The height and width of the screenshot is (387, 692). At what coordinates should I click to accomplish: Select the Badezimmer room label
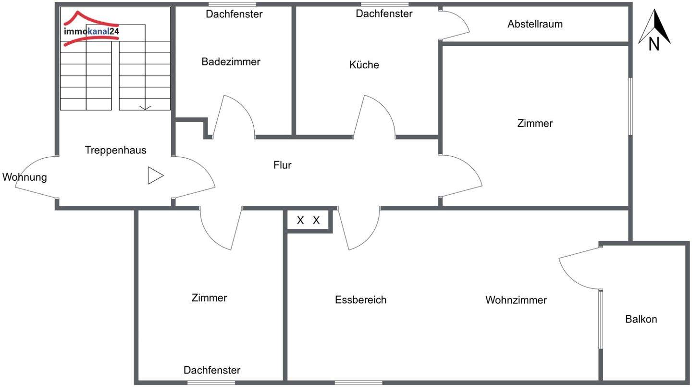[x=231, y=62]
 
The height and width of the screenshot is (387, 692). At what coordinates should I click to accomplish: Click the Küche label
[x=364, y=65]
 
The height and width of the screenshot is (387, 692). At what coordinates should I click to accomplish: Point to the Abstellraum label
[x=535, y=24]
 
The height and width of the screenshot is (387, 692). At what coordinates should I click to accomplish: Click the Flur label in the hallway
[x=282, y=165]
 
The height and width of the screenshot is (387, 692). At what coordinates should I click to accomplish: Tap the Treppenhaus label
[x=115, y=150]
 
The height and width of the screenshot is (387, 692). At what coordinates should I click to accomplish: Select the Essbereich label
[x=360, y=300]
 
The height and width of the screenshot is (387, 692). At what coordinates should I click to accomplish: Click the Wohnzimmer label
[x=516, y=300]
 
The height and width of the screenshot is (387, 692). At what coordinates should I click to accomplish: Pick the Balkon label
[x=641, y=319]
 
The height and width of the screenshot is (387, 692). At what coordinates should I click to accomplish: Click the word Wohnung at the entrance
[x=25, y=177]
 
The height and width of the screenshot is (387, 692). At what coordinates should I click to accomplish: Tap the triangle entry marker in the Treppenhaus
[x=155, y=175]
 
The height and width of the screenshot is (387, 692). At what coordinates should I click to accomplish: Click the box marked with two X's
[x=309, y=221]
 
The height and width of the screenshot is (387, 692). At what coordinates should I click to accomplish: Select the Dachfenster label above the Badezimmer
[x=234, y=14]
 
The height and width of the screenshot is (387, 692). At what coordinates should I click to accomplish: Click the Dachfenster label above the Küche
[x=384, y=13]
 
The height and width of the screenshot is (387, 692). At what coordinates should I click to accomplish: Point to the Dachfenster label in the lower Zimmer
[x=211, y=370]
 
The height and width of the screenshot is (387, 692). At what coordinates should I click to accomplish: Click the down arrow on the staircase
[x=145, y=107]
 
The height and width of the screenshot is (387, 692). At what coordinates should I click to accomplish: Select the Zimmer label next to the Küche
[x=535, y=124]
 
